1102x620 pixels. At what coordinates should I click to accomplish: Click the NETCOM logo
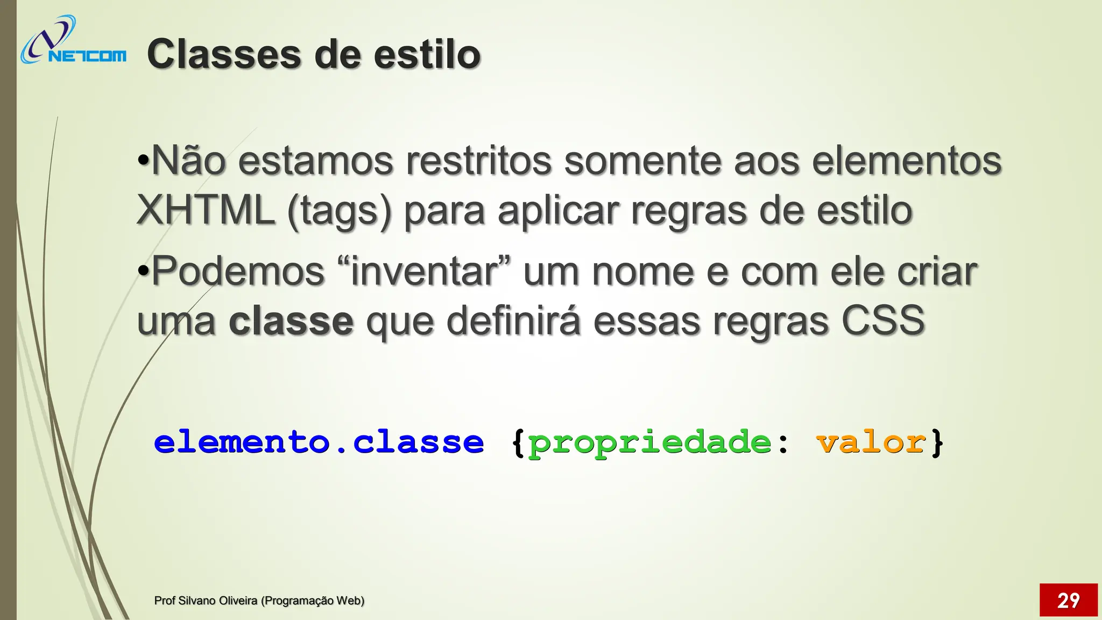pos(73,41)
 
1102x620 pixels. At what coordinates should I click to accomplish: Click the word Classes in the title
pos(224,54)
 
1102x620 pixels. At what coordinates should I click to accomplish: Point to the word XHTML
pos(206,210)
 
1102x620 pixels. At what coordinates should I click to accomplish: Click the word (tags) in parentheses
pos(340,211)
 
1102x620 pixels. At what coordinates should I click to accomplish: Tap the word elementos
pos(907,160)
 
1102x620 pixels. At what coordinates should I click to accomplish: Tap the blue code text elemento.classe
pos(319,442)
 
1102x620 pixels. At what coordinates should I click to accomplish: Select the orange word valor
pos(871,442)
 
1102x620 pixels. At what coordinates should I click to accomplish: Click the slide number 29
pos(1068,600)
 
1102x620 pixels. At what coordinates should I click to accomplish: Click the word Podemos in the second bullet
pos(238,271)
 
